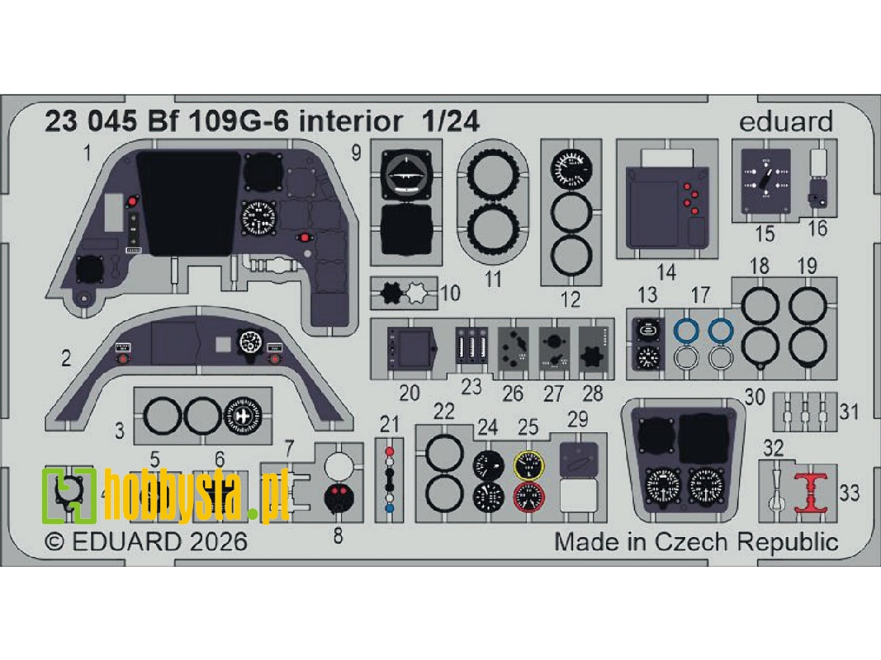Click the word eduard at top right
786,122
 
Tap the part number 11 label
493,279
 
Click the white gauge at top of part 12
571,169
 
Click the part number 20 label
410,393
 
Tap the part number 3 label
121,430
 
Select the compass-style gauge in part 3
241,416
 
